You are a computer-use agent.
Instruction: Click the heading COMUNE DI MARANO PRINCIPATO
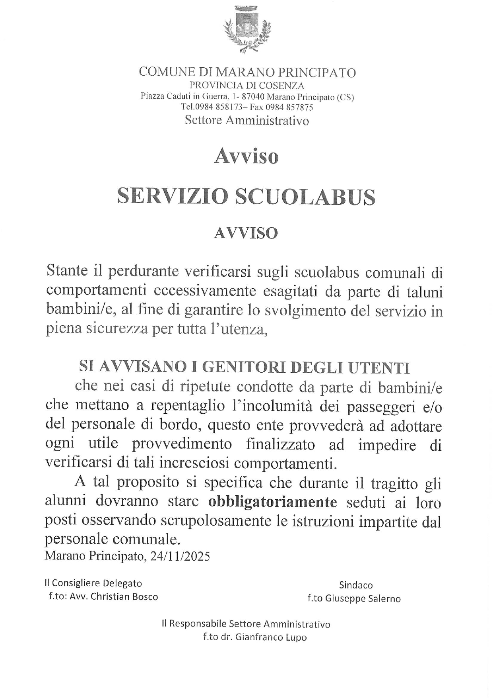247,72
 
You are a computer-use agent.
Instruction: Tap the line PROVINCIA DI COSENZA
247,85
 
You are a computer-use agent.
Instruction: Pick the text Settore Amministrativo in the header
246,120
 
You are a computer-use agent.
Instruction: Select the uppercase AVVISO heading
246,233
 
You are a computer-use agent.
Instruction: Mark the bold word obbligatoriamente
272,502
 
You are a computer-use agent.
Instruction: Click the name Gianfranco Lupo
271,637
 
